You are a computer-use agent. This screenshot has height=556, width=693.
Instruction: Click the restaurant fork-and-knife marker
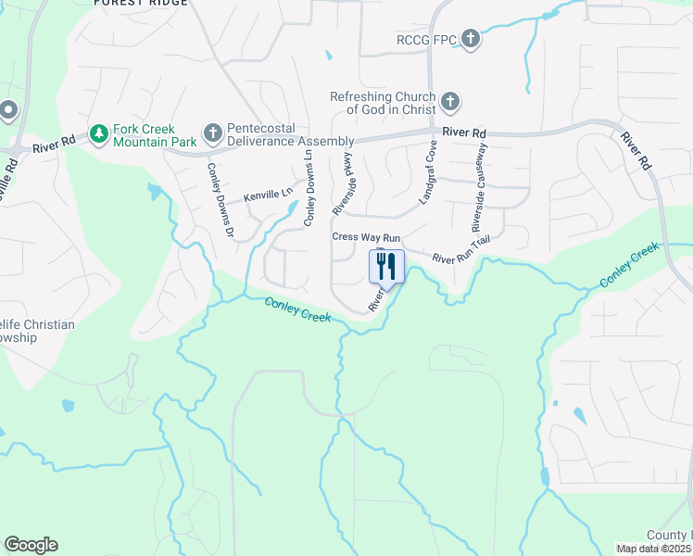point(387,266)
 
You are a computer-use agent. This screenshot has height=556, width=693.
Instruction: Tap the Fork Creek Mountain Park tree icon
point(98,134)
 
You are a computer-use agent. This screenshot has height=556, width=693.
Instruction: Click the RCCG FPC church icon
point(471,39)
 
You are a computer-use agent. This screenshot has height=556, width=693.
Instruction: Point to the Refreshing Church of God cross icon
point(450,101)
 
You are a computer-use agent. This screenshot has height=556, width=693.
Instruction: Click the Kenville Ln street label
point(268,196)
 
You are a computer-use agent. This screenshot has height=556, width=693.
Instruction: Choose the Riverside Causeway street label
point(479,200)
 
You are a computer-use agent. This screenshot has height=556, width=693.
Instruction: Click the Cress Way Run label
point(366,237)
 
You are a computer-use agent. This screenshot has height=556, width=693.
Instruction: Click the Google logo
point(31,545)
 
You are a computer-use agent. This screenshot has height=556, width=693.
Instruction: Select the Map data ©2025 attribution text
point(654,549)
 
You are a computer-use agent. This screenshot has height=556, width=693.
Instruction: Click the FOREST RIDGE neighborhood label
point(141,4)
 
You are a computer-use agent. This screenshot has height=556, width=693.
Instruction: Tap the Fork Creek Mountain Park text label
point(155,136)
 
